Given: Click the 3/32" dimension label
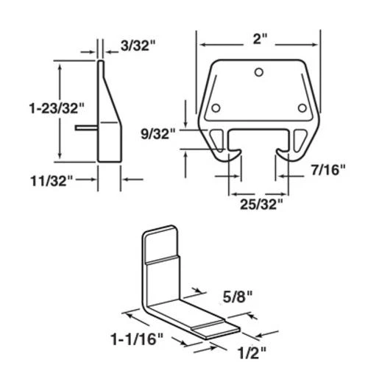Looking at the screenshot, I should (x=138, y=46).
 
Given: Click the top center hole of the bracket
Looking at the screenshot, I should (x=257, y=72).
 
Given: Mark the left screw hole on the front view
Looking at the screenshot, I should (x=215, y=110).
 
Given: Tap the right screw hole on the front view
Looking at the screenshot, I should (x=302, y=109).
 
